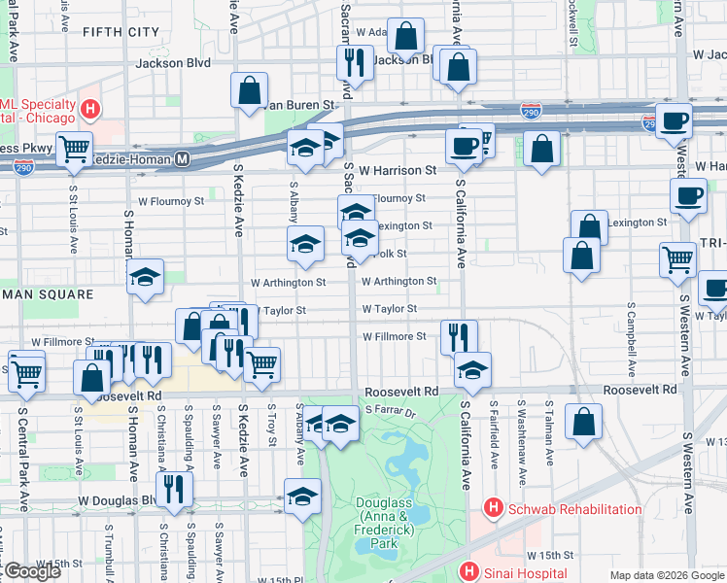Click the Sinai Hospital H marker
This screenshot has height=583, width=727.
click(x=470, y=572)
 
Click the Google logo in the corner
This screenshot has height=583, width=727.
click(x=31, y=571)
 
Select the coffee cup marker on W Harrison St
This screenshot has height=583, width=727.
click(x=462, y=146)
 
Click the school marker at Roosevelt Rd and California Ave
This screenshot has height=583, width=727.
click(x=473, y=368)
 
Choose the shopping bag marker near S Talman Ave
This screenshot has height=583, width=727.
click(x=583, y=423)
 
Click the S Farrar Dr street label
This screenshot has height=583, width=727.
click(x=390, y=412)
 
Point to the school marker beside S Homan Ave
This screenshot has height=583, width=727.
click(x=145, y=276)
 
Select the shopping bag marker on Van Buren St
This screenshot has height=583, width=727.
click(x=250, y=89)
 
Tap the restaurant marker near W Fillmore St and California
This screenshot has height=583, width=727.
click(x=459, y=337)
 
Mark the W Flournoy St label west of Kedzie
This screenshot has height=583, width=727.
click(x=170, y=201)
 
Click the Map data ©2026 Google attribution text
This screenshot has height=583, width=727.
click(x=667, y=575)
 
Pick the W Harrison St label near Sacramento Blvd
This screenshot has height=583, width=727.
click(x=397, y=170)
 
